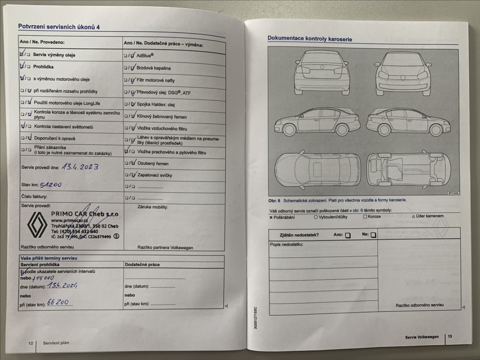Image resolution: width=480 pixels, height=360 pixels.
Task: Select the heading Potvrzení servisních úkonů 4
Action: tap(59, 26)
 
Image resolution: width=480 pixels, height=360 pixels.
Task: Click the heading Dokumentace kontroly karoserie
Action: tap(310, 38)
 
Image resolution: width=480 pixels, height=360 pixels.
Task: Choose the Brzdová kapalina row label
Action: tap(154, 68)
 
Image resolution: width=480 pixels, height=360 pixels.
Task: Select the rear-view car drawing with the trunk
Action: tap(322, 72)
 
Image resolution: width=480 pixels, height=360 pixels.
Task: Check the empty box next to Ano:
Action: tap(348, 236)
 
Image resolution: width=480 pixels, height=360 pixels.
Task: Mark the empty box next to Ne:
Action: tap(373, 235)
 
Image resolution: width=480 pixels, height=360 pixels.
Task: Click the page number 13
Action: tap(450, 337)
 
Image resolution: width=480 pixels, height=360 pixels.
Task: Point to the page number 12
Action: tap(30, 343)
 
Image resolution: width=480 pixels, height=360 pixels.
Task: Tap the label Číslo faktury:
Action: tap(34, 196)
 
